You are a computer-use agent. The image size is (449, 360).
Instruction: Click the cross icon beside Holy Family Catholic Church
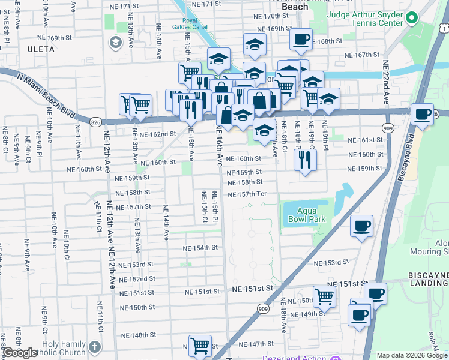pyautogui.click(x=94, y=347)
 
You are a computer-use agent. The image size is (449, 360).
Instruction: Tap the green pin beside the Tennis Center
pyautogui.click(x=411, y=19)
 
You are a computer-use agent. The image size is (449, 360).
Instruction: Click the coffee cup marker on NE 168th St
pyautogui.click(x=301, y=40)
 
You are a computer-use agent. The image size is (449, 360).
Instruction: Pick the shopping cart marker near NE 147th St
pyautogui.click(x=200, y=346)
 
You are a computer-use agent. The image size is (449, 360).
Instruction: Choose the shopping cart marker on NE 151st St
pyautogui.click(x=324, y=296)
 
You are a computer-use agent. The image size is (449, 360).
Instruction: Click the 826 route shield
pyautogui.click(x=97, y=121)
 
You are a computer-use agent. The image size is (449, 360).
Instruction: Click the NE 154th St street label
pyautogui.click(x=200, y=248)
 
